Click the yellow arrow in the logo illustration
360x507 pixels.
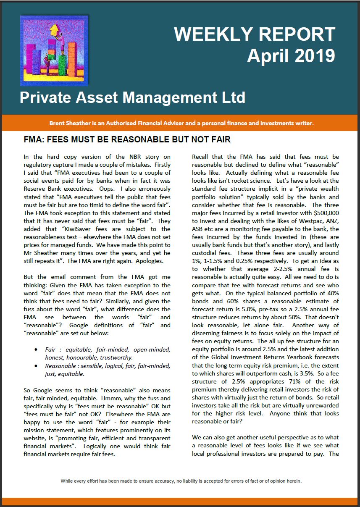tap(54, 30)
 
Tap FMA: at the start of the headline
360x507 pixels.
tap(34, 139)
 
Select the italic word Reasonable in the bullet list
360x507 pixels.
tap(61, 365)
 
